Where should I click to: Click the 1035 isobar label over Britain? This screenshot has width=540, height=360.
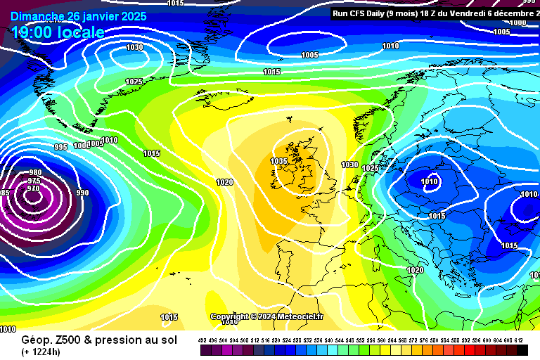(279, 161)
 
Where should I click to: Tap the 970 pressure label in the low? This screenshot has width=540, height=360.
(33, 188)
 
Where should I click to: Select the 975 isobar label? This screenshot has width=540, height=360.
(34, 181)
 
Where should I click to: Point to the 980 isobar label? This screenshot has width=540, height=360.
(35, 173)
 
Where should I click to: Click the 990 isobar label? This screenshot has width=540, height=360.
(82, 193)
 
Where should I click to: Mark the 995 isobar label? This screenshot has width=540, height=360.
(61, 147)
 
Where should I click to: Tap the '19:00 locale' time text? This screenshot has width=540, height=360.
(58, 32)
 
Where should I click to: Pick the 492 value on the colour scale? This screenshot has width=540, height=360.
(202, 340)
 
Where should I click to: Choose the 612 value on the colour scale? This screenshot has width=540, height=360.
(518, 340)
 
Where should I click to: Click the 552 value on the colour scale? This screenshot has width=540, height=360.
(361, 340)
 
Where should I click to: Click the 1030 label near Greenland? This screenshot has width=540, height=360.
(134, 48)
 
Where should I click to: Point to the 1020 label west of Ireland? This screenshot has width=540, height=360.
(224, 182)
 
